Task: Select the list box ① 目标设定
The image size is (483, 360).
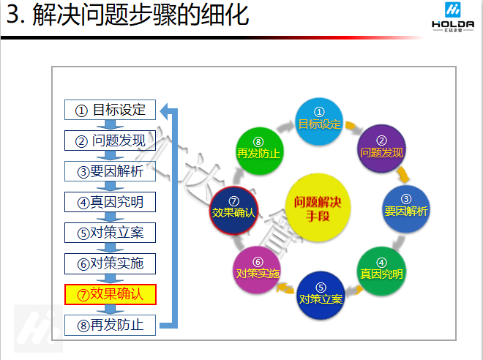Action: (111, 110)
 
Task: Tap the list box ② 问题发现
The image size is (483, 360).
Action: (111, 140)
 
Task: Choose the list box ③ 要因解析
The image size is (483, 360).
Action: (111, 171)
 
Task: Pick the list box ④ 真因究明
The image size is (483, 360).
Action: (111, 202)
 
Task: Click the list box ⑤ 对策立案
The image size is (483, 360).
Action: (111, 233)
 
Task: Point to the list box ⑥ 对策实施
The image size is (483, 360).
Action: (111, 263)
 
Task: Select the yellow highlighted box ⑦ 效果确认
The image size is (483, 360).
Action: (111, 294)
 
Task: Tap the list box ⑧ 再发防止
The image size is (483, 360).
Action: (111, 325)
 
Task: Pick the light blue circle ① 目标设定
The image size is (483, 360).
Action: (319, 119)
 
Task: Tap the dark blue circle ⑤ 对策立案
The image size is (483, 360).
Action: (321, 295)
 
